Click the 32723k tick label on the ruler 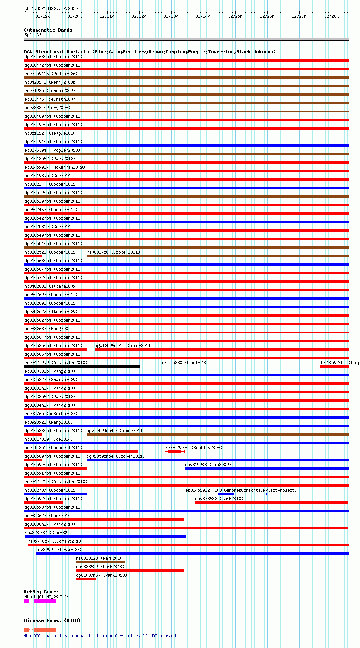(x=171, y=17)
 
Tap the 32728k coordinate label (x=331, y=17)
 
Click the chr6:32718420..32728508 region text (x=52, y=8)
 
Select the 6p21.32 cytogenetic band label (x=33, y=35)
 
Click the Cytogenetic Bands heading (x=48, y=30)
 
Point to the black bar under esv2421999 (x=82, y=367)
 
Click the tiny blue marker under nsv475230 (x=161, y=367)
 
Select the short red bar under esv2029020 (x=175, y=452)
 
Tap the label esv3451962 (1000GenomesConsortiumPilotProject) (x=241, y=490)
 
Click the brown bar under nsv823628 (x=100, y=562)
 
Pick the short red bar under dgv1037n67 (x=86, y=579)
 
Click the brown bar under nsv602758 (x=217, y=256)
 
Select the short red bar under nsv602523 (x=33, y=256)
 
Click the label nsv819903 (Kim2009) (x=208, y=465)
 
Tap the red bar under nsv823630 (x=271, y=503)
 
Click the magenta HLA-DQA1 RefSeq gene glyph (x=44, y=601)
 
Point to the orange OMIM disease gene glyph (x=44, y=630)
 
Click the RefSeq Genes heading (x=41, y=592)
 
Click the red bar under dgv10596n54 (x=221, y=350)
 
